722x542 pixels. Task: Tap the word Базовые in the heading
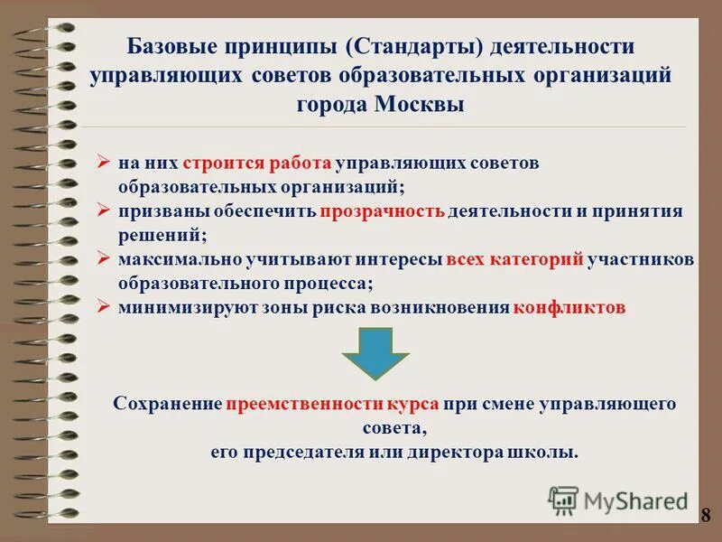pyautogui.click(x=166, y=45)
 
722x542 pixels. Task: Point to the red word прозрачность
pyautogui.click(x=381, y=211)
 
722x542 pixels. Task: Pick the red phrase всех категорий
pyautogui.click(x=516, y=259)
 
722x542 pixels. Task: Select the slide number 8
pyautogui.click(x=706, y=515)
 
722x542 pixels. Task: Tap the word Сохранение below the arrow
pyautogui.click(x=168, y=405)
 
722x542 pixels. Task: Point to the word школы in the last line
pyautogui.click(x=549, y=451)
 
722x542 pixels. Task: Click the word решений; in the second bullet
pyautogui.click(x=162, y=235)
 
